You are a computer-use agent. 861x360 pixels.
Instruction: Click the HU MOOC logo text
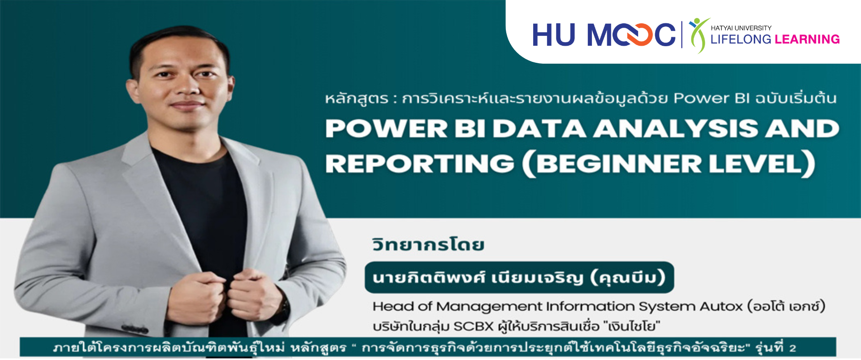point(604,35)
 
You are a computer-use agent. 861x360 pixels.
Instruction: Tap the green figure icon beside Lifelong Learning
point(699,35)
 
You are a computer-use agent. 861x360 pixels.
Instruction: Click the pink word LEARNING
point(807,39)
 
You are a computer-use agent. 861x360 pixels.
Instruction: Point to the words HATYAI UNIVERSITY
point(741,28)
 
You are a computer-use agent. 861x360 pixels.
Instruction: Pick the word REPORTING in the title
point(420,163)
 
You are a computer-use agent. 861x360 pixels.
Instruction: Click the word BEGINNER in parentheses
point(619,163)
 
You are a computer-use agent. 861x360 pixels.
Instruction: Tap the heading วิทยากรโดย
point(428,244)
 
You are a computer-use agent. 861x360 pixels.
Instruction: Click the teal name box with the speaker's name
point(519,277)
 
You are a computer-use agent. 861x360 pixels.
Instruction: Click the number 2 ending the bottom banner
point(793,348)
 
